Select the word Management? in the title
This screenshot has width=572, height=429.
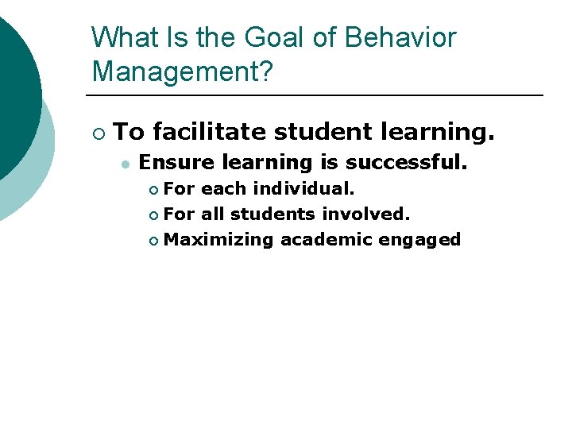pyautogui.click(x=182, y=71)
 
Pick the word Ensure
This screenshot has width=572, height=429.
pyautogui.click(x=177, y=163)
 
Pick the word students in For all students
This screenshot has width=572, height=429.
pyautogui.click(x=272, y=214)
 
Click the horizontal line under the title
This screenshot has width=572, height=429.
pyautogui.click(x=318, y=95)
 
